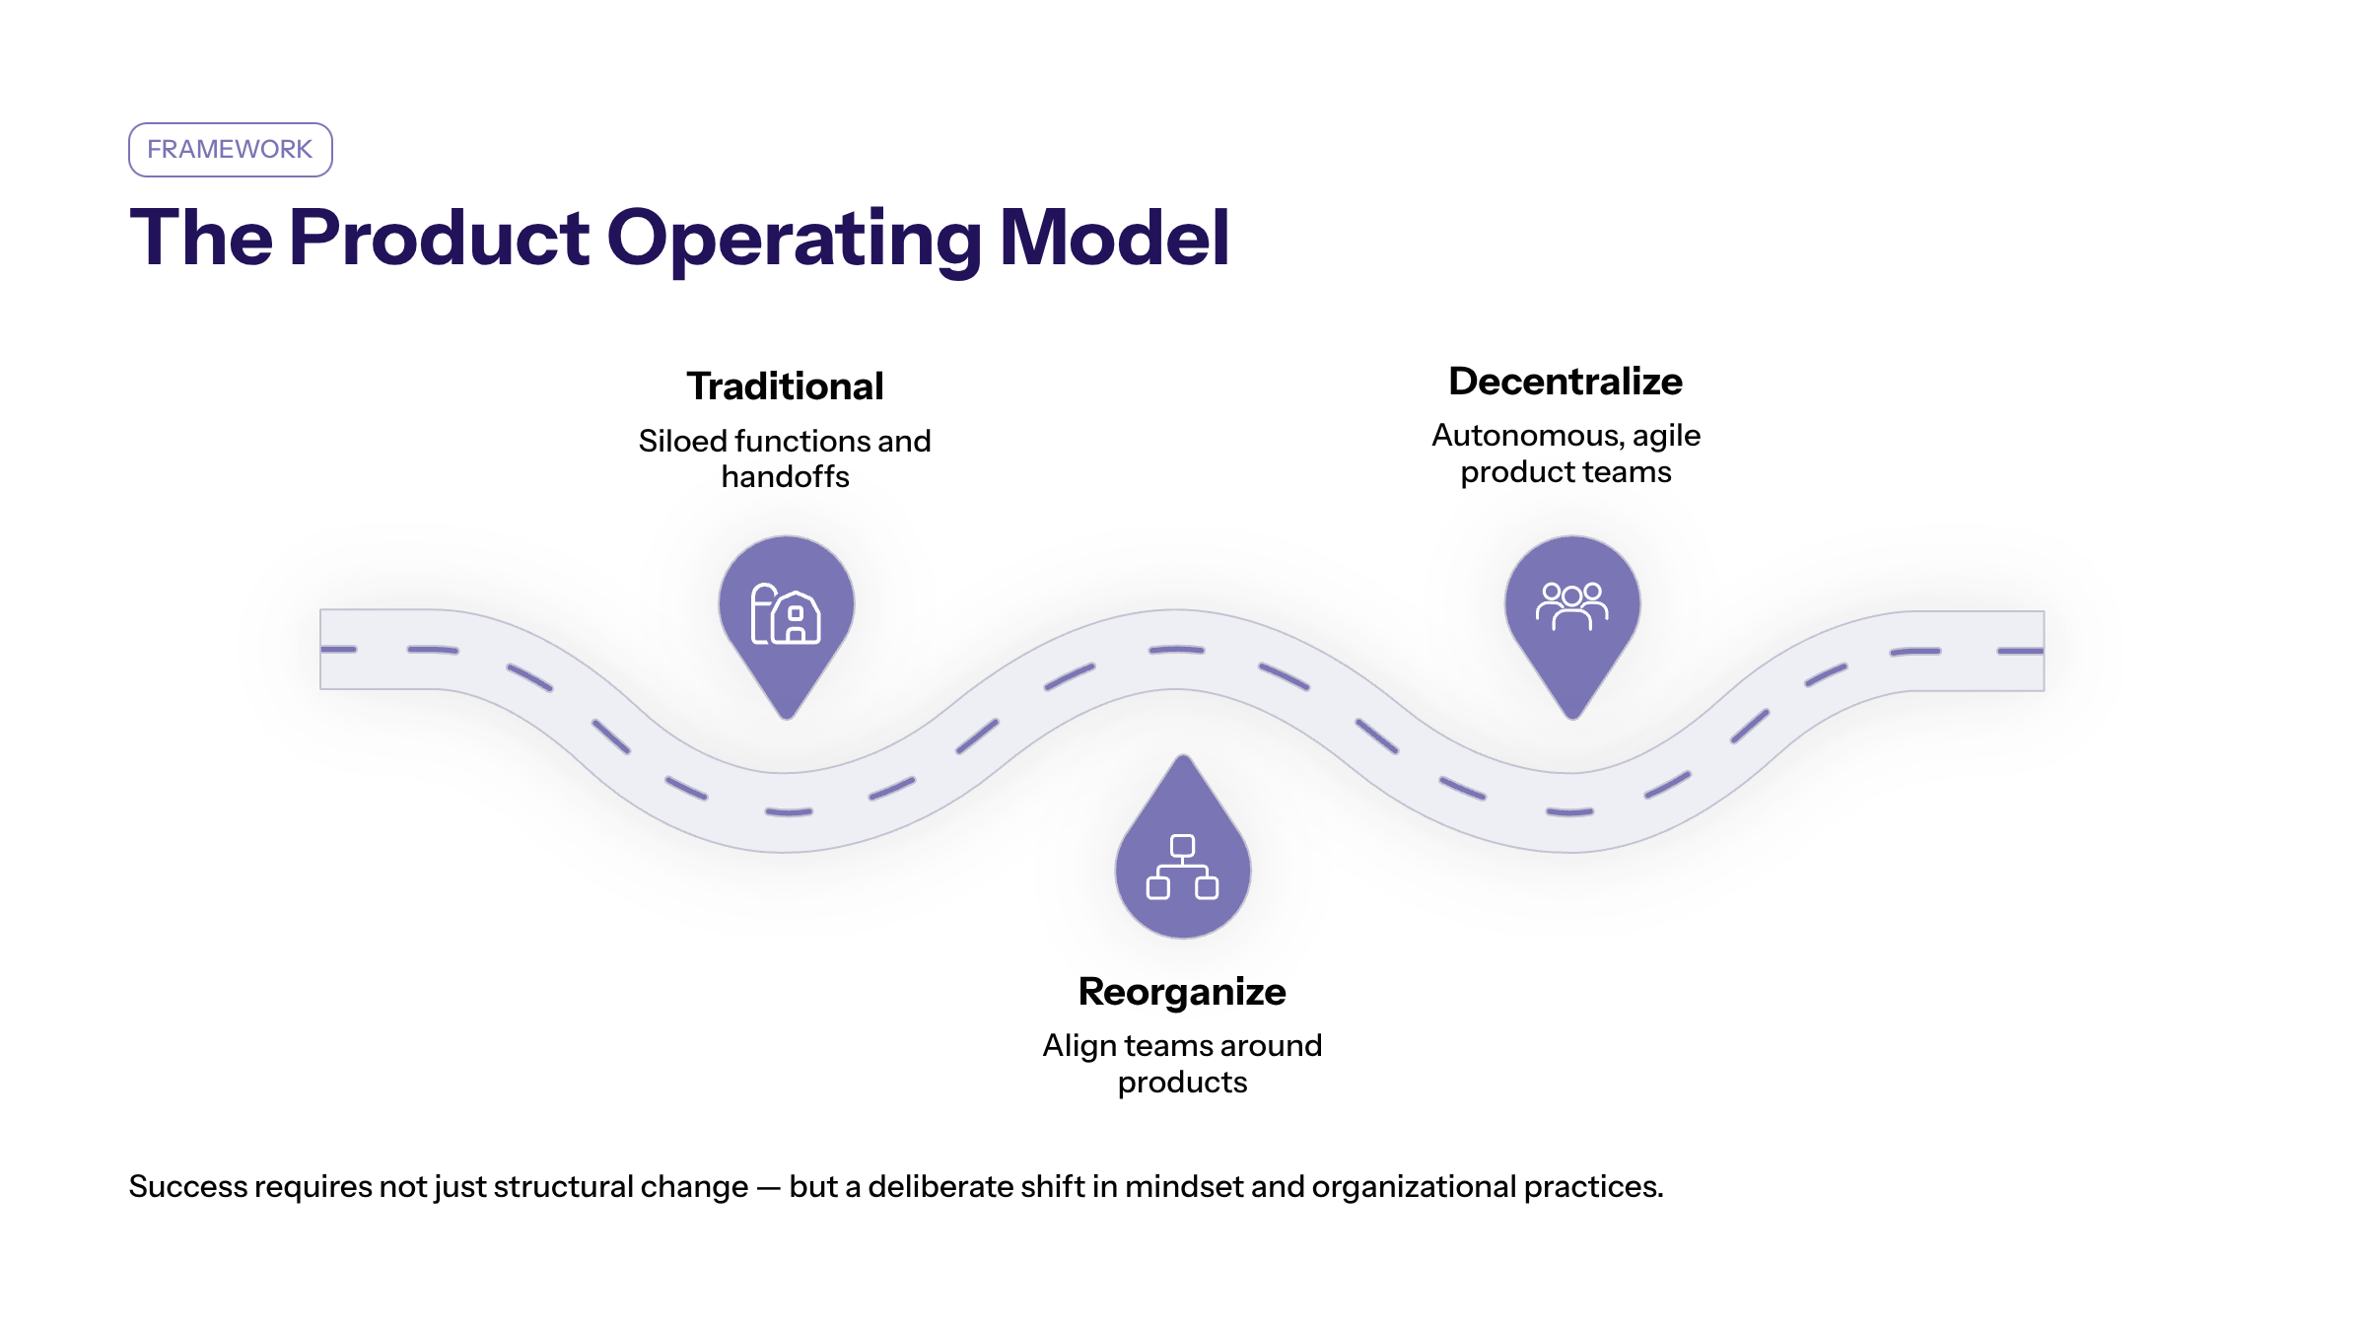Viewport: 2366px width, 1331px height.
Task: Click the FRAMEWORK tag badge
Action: [230, 150]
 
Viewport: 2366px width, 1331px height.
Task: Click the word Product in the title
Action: [439, 238]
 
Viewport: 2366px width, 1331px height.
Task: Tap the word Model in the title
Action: [1114, 238]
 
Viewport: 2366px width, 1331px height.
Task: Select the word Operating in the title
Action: [794, 240]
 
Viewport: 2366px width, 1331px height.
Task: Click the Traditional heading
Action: [785, 386]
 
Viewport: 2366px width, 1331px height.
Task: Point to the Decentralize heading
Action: [1566, 382]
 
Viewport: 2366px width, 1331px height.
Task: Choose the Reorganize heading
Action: [1182, 992]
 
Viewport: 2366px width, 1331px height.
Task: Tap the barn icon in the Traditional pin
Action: [786, 614]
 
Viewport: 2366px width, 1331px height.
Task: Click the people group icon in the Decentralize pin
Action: [1571, 605]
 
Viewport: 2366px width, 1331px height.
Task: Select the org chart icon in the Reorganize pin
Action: [1182, 868]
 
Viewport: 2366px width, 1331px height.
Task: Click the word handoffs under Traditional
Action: [785, 477]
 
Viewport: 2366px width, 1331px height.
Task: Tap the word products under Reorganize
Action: [1182, 1083]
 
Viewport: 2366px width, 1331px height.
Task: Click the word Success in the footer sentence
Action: [188, 1186]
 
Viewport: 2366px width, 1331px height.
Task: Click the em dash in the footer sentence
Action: [768, 1187]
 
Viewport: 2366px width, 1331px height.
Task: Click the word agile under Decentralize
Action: [1666, 436]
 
